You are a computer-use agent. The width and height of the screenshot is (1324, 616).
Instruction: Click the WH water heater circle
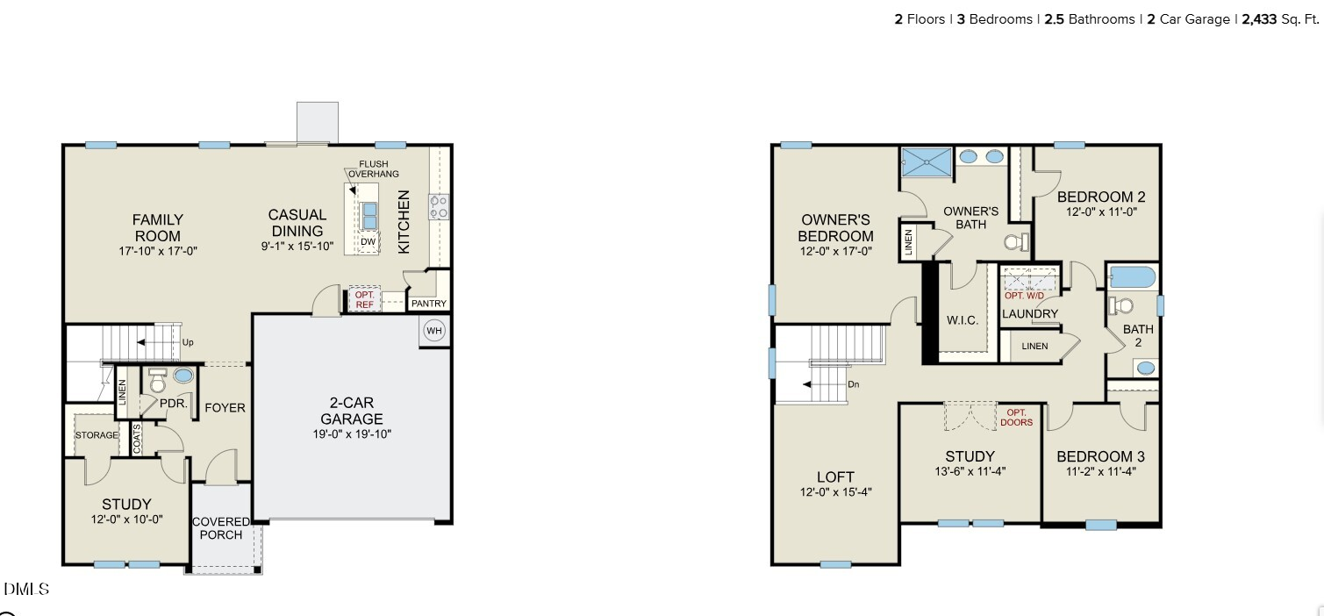(x=433, y=331)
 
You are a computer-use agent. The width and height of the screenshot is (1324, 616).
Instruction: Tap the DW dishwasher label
(x=368, y=242)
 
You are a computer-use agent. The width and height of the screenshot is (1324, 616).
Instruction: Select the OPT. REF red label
(x=365, y=300)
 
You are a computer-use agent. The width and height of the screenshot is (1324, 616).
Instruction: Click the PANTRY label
(x=429, y=304)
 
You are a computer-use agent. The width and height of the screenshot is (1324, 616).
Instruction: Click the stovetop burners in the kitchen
(x=440, y=207)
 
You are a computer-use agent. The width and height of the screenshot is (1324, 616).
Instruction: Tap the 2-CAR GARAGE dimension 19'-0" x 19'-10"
(x=352, y=433)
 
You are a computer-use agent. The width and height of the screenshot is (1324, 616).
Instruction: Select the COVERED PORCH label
(x=221, y=528)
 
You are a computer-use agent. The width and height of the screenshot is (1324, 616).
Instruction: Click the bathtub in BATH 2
(x=1133, y=276)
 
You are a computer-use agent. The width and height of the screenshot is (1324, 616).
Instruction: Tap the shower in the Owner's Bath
(x=927, y=162)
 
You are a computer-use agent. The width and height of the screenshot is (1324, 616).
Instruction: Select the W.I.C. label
(x=963, y=320)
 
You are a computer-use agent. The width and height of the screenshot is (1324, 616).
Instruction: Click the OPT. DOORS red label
(x=1017, y=418)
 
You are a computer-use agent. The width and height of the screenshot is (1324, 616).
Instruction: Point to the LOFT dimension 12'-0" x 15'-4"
(x=836, y=492)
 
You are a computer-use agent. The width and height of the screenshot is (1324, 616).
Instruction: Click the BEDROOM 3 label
(x=1100, y=456)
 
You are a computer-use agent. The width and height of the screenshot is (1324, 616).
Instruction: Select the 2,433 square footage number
(x=1259, y=19)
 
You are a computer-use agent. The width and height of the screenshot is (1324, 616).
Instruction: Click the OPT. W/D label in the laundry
(x=1024, y=296)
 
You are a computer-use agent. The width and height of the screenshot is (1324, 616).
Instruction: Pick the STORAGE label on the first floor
(x=97, y=435)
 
